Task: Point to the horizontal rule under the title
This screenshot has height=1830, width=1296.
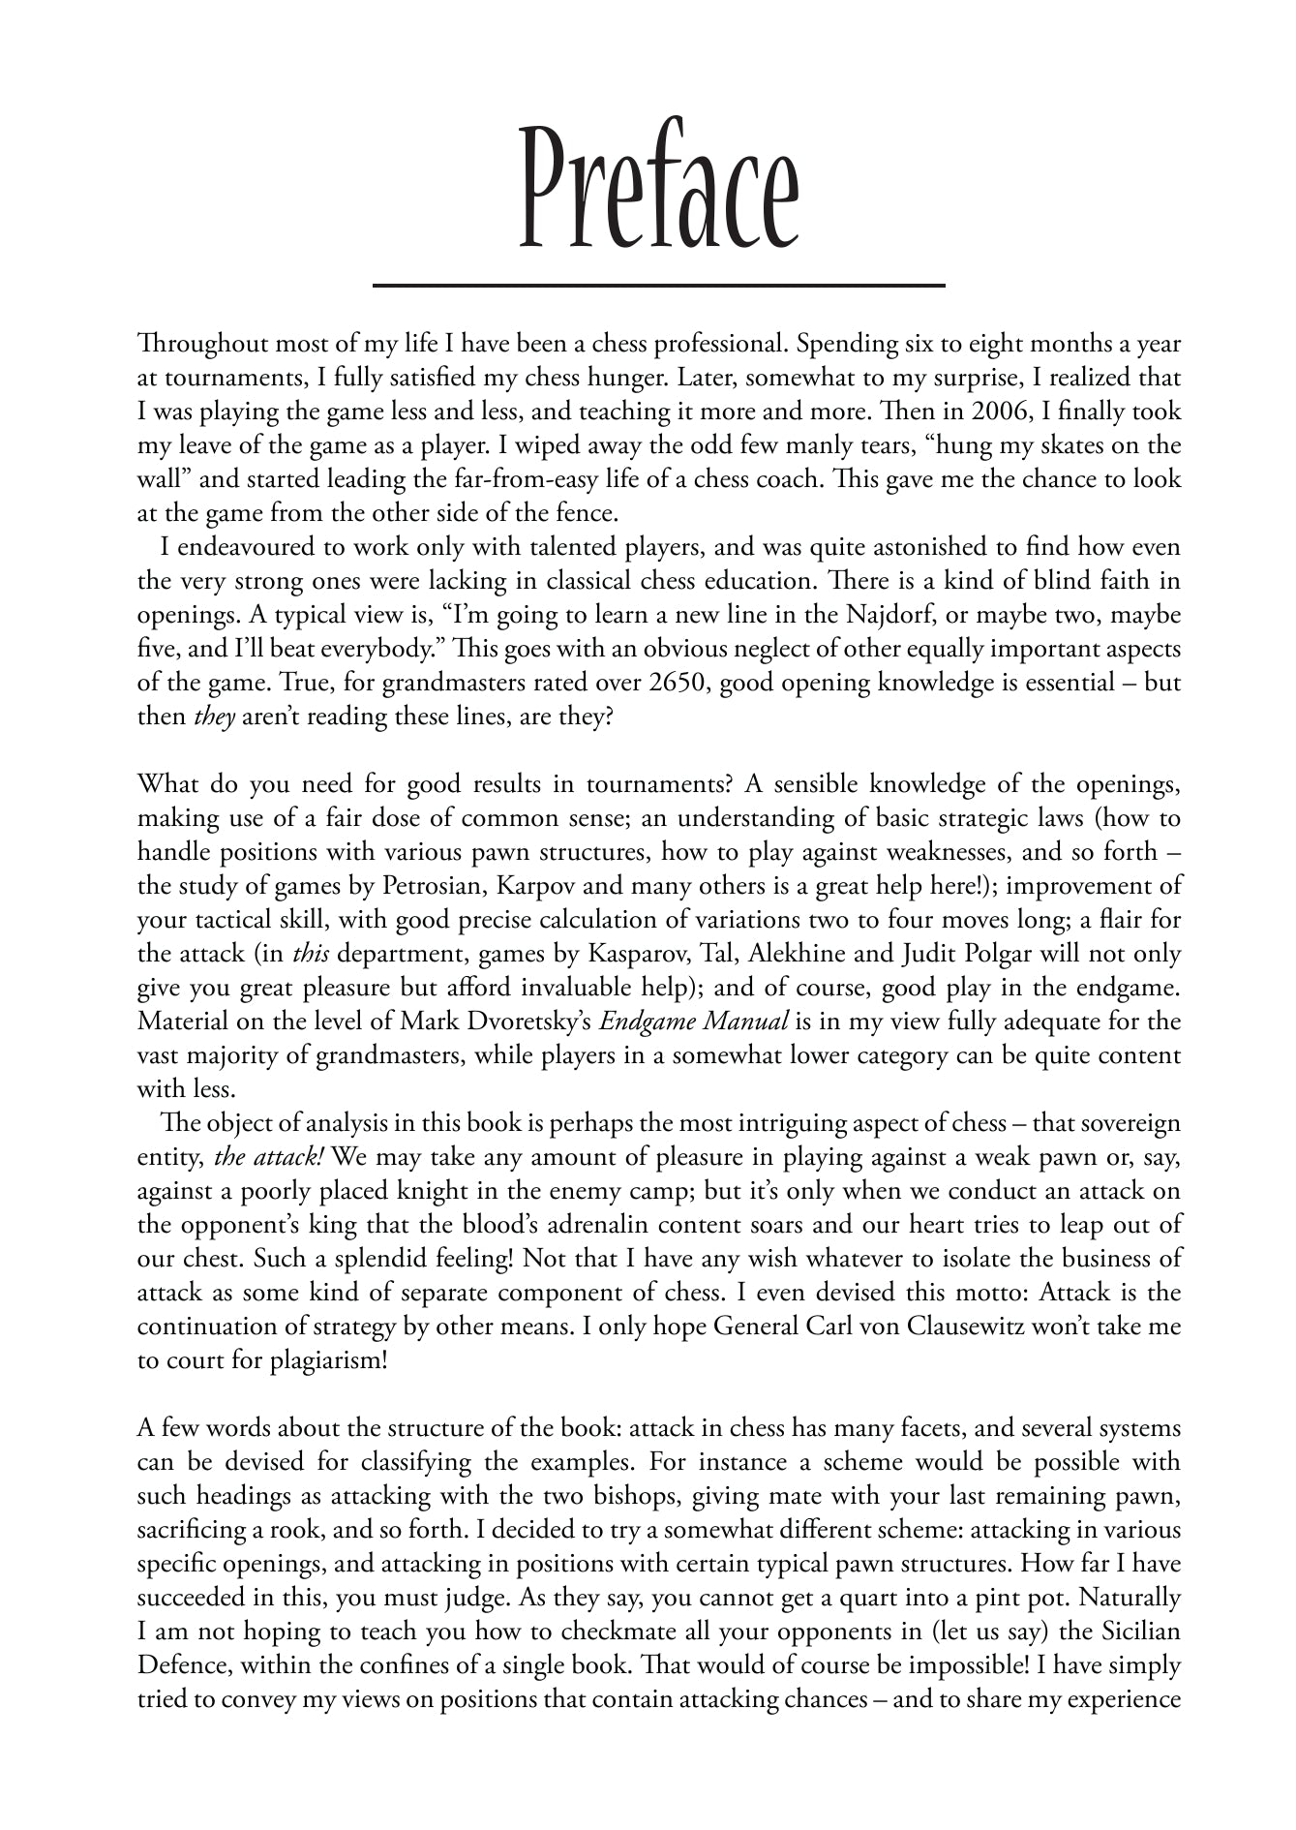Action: [x=658, y=286]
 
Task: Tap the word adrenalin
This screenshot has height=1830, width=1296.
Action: [x=595, y=1225]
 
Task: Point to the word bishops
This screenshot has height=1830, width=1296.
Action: [x=643, y=1495]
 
